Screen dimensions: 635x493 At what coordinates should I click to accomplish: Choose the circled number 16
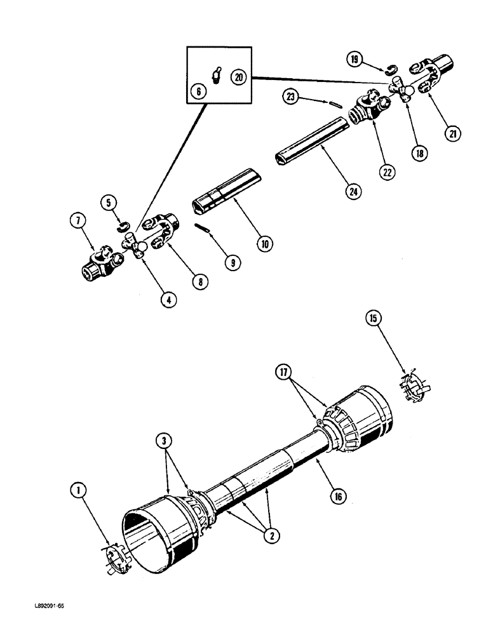click(x=337, y=497)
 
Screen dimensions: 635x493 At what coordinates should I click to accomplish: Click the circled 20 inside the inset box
click(x=239, y=76)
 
